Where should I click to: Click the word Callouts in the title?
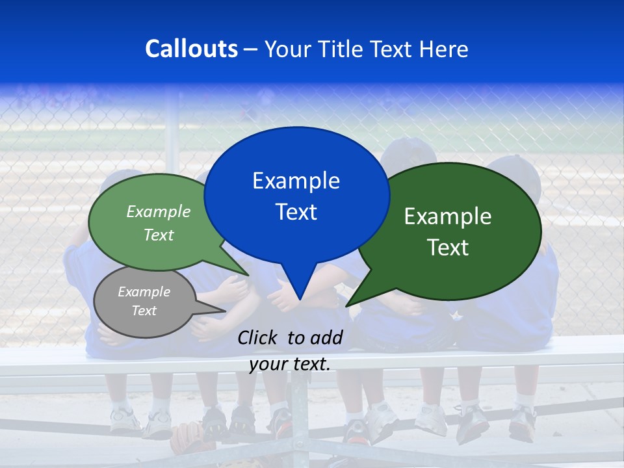pos(191,49)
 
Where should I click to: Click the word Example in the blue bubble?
pos(296,181)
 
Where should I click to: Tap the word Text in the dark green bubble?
pos(448,248)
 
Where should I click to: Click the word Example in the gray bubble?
pos(144,292)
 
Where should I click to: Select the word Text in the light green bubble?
pos(159,235)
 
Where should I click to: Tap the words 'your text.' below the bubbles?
pos(290,364)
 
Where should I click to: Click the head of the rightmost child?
pos(513,179)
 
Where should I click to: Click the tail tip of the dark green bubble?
pos(346,305)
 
